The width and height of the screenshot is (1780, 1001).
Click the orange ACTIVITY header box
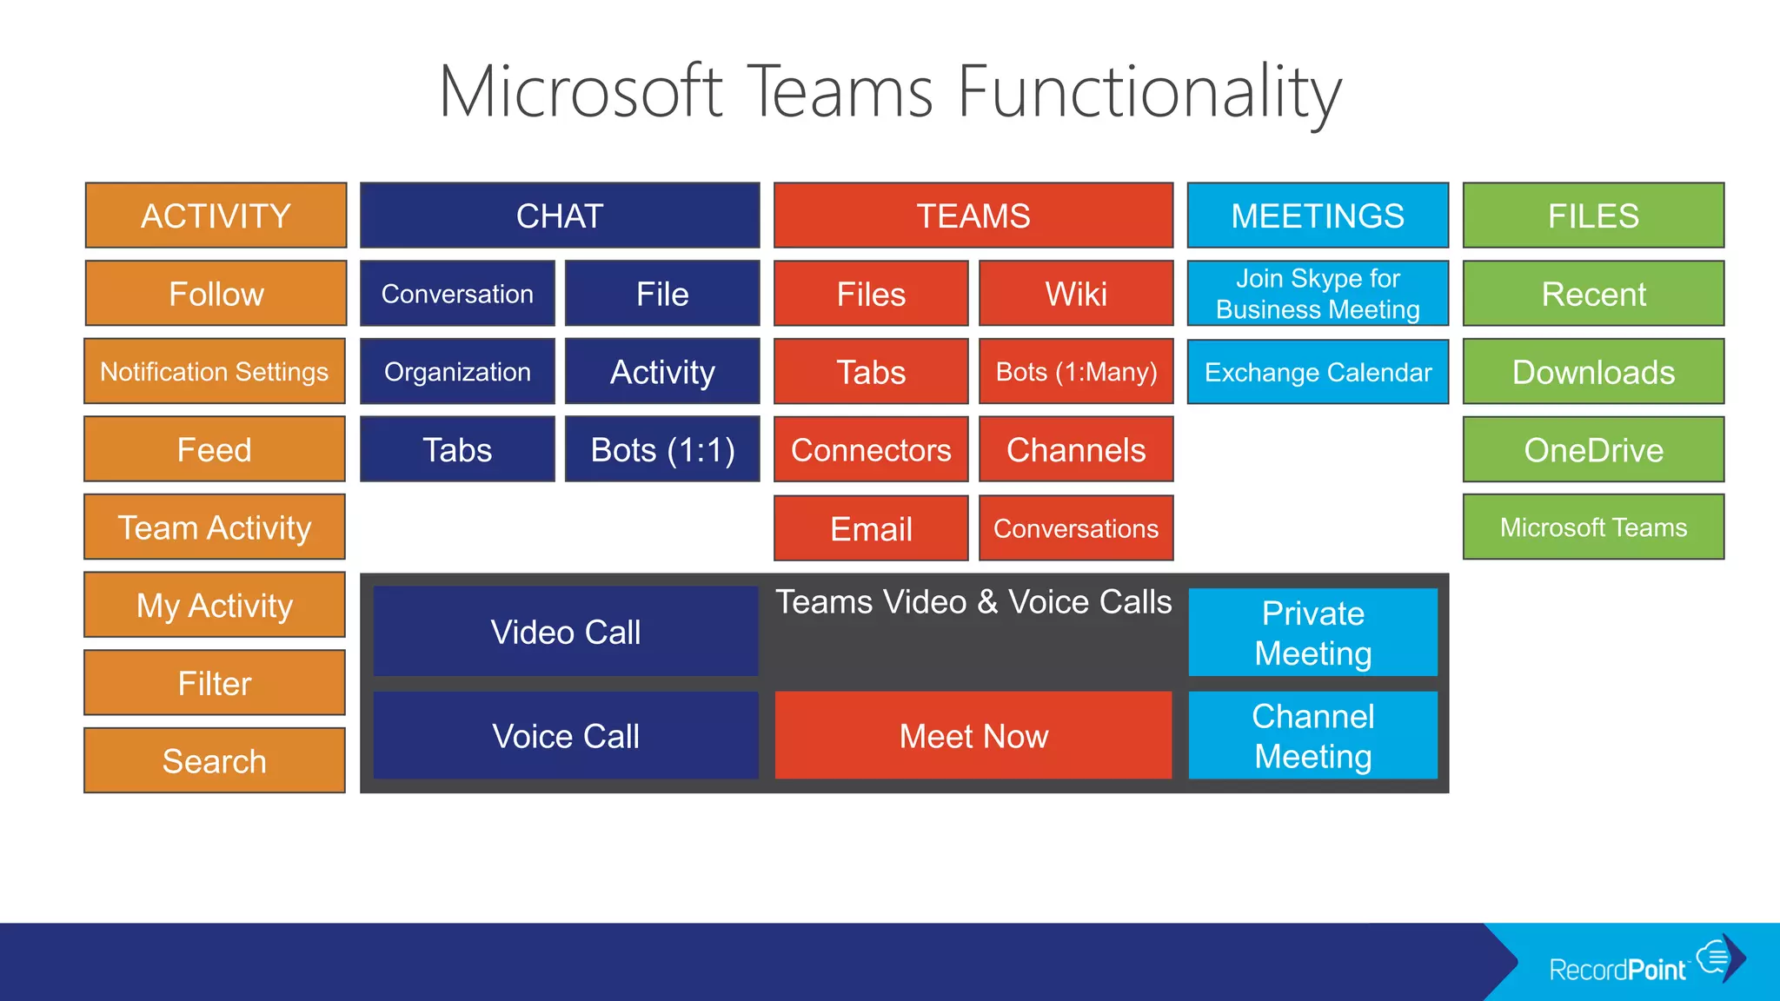(216, 215)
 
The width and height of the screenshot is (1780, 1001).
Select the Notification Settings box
(215, 372)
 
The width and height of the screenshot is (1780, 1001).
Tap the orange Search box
(215, 761)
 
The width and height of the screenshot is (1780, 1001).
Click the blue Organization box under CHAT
(457, 372)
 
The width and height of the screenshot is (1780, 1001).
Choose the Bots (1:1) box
(662, 450)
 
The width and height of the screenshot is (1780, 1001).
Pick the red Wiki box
(1076, 294)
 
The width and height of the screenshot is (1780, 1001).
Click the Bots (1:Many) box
(1076, 372)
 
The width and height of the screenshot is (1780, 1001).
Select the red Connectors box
(871, 450)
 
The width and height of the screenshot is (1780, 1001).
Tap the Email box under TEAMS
(871, 528)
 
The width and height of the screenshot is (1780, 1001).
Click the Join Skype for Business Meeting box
(1318, 294)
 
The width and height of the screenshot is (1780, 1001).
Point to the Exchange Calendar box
(1318, 372)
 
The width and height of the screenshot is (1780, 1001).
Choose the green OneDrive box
(1593, 450)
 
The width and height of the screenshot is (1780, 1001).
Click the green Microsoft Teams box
(1593, 527)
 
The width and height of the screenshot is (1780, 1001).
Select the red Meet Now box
(973, 736)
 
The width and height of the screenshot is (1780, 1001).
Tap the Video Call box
(566, 632)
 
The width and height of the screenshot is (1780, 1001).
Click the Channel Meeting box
(1312, 736)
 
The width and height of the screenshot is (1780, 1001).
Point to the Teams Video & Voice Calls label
(973, 602)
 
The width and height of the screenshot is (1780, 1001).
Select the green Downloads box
(1593, 372)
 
